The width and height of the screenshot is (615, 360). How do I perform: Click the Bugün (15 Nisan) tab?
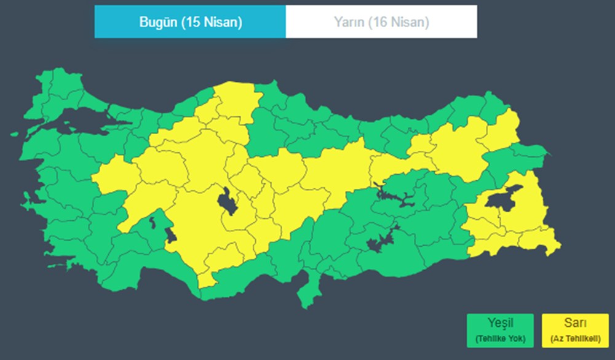tap(189, 22)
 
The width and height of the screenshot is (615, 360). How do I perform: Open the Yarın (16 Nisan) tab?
tap(381, 22)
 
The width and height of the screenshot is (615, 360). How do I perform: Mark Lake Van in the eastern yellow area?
tap(501, 199)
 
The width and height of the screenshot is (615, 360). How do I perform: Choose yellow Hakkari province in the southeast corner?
tap(544, 243)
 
